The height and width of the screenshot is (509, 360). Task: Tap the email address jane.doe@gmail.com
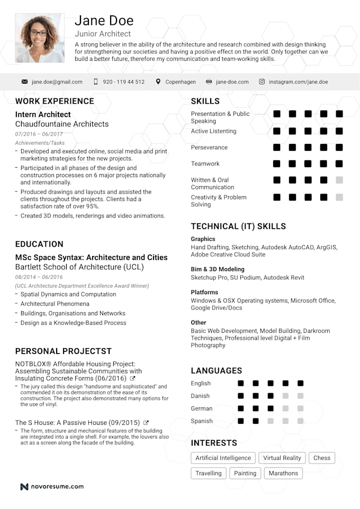(x=57, y=82)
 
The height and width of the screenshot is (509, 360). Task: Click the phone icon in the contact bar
(x=96, y=82)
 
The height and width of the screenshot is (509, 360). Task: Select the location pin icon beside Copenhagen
(x=158, y=82)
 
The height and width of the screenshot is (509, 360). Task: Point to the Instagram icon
(x=262, y=82)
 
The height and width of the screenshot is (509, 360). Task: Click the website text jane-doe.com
(x=232, y=82)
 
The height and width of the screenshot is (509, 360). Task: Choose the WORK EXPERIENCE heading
(x=55, y=101)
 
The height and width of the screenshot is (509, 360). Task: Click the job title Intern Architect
(x=43, y=114)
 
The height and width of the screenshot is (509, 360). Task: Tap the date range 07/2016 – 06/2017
(x=39, y=134)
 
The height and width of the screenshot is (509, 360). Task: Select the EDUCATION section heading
(x=39, y=244)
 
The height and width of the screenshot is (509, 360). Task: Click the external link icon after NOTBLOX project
(x=132, y=379)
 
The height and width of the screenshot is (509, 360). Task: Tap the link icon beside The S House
(x=146, y=423)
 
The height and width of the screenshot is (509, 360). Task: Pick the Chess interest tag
(x=321, y=458)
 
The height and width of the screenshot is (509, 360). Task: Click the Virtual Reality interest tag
(x=282, y=458)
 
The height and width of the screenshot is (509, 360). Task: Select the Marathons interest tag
(x=283, y=473)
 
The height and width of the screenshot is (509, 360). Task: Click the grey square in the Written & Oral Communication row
(x=339, y=180)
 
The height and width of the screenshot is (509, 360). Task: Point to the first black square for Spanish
(x=240, y=421)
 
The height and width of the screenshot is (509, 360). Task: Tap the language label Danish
(x=200, y=396)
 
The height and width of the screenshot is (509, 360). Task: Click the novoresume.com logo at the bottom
(x=52, y=486)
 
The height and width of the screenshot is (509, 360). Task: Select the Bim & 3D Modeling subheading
(x=218, y=269)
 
